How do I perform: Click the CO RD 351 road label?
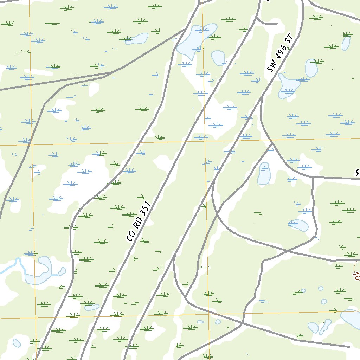(x=139, y=222)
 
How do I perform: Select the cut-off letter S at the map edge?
(x=357, y=173)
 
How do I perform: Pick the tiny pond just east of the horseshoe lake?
(x=62, y=271)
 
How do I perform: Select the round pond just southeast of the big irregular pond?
(x=218, y=58)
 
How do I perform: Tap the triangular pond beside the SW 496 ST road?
(x=288, y=86)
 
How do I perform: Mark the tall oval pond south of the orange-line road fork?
(x=264, y=174)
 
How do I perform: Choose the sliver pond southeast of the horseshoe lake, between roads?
(x=92, y=307)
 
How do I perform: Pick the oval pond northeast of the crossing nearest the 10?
(x=299, y=225)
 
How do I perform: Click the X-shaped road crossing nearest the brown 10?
(x=287, y=251)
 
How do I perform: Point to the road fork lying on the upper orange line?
(x=272, y=142)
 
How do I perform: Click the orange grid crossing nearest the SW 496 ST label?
(x=205, y=141)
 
